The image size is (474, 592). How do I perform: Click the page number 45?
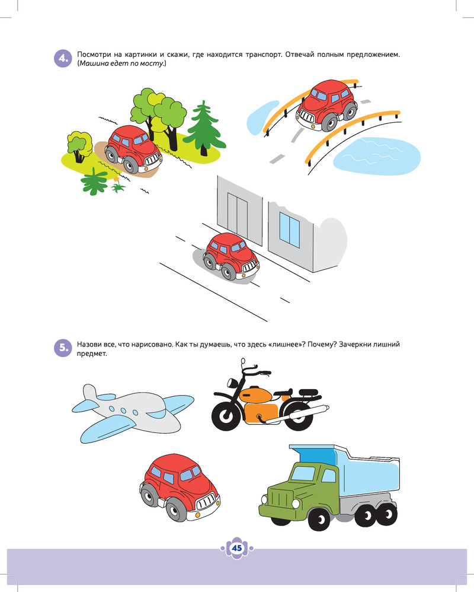coord(237,548)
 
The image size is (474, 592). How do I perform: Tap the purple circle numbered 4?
coord(63,59)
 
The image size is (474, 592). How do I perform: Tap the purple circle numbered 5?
coord(63,348)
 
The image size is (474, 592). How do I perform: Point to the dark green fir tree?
coord(204,128)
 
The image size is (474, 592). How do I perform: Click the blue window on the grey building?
coord(290,229)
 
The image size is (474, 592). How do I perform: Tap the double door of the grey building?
coord(237,215)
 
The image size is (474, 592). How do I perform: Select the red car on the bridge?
coord(326,106)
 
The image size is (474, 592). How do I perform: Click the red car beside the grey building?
coord(230,256)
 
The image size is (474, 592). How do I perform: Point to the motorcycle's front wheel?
coord(226,415)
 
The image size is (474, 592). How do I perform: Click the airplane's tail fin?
coord(89,393)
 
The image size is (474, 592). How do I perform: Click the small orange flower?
coord(116,179)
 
